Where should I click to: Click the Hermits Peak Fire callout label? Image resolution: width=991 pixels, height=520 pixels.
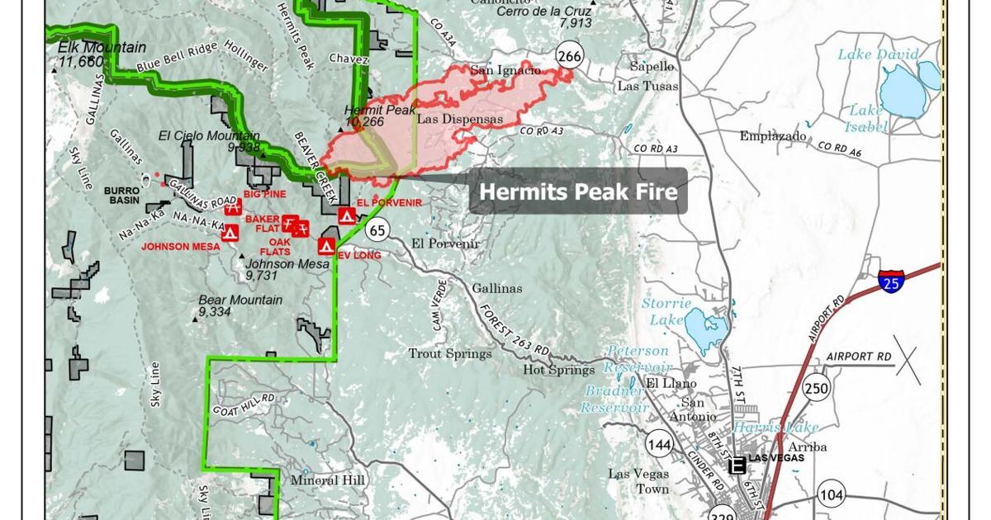click(x=578, y=191)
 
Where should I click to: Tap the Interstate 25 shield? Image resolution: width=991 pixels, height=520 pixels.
click(x=891, y=281)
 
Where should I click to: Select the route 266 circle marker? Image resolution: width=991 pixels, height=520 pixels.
click(x=569, y=56)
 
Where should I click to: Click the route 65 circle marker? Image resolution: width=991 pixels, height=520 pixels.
click(x=378, y=229)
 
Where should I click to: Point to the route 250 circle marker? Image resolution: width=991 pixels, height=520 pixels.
click(x=817, y=388)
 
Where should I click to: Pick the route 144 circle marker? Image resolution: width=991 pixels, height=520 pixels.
click(x=660, y=446)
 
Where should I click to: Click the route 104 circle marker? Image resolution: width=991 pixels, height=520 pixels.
click(x=832, y=495)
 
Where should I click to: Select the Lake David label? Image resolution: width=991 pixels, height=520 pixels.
click(x=878, y=54)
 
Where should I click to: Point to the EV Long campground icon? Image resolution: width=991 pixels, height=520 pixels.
click(x=326, y=245)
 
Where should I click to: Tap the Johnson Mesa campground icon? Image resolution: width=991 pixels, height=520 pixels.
click(x=230, y=233)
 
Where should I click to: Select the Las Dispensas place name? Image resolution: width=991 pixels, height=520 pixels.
click(x=460, y=119)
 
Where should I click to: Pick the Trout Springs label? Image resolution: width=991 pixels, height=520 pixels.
click(x=450, y=353)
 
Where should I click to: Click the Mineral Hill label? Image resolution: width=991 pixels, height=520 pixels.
click(x=326, y=480)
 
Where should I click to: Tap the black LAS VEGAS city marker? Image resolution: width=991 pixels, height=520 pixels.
click(x=737, y=466)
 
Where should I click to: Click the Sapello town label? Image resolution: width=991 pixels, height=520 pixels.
click(x=652, y=66)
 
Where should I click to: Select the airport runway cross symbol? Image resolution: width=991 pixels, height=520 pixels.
click(x=908, y=364)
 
